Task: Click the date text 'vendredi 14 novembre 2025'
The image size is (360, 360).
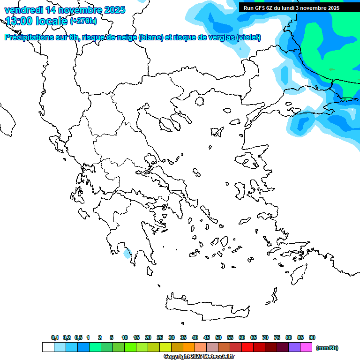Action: (x=65, y=10)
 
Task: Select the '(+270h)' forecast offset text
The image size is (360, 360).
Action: (x=83, y=21)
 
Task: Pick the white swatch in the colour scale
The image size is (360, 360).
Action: (x=48, y=347)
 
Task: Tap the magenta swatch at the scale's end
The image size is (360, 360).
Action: (x=306, y=347)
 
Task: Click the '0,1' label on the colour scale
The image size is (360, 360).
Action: (x=55, y=337)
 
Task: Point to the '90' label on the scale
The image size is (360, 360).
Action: (x=312, y=337)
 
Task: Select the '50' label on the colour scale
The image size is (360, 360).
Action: (x=218, y=337)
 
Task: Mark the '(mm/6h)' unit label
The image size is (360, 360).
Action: (x=327, y=348)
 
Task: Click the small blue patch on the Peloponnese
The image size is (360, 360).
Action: (x=127, y=254)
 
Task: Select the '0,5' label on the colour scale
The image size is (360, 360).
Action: (x=78, y=337)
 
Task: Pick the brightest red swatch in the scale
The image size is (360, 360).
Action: (x=247, y=347)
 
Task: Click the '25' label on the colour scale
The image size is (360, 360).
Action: (x=160, y=337)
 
